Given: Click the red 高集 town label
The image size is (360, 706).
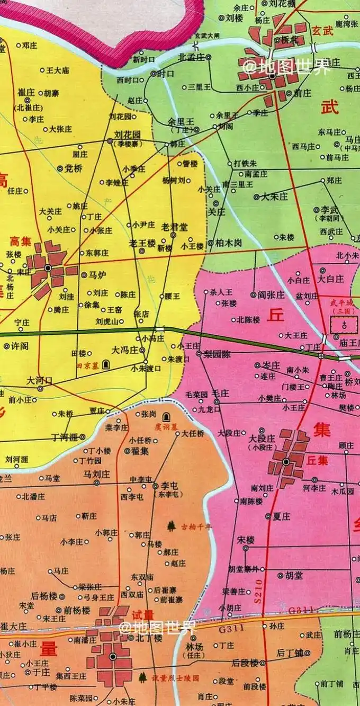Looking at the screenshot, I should pyautogui.click(x=21, y=241).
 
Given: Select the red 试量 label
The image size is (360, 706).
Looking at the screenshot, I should pyautogui.click(x=142, y=615).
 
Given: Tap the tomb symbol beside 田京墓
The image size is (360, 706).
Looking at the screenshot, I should pyautogui.click(x=106, y=364).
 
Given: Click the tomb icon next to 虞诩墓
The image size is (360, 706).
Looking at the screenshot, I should pyautogui.click(x=167, y=417).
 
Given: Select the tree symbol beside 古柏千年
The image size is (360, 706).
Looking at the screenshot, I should pyautogui.click(x=171, y=526).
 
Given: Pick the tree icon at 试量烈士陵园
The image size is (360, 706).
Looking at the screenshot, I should pyautogui.click(x=142, y=677).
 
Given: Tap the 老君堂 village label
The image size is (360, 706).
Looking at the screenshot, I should pyautogui.click(x=174, y=227).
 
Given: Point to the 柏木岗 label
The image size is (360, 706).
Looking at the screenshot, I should pyautogui.click(x=228, y=243).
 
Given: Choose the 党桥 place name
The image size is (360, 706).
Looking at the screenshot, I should pyautogui.click(x=73, y=168).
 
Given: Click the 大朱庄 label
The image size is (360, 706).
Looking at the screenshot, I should pyautogui.click(x=274, y=196).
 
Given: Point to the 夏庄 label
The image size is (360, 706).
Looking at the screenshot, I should pyautogui.click(x=282, y=516).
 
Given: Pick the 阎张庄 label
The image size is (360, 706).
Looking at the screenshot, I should pyautogui.click(x=271, y=294).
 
